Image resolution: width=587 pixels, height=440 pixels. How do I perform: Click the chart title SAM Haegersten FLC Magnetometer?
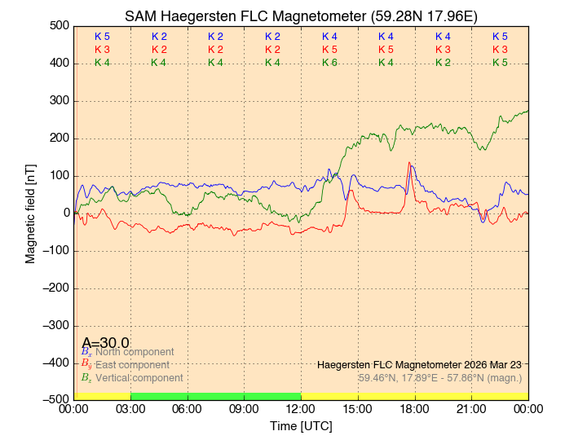coord(301,16)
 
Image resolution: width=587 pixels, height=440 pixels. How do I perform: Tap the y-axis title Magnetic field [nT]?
coord(31,212)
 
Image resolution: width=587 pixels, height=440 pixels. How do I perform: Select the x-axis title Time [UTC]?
coord(301,426)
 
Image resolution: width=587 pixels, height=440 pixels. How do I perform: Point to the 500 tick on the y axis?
coord(58,25)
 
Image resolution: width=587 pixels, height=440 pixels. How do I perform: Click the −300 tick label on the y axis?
coord(54,325)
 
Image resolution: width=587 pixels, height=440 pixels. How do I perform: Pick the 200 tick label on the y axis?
coord(58,138)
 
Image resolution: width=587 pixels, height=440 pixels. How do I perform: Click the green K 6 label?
coord(329,63)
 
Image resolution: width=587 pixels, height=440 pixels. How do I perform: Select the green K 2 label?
coord(443,63)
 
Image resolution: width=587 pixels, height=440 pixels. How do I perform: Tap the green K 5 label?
coord(500,63)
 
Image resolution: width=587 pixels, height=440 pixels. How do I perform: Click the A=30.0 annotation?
coord(105,343)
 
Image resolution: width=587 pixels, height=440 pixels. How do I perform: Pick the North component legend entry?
coord(130,352)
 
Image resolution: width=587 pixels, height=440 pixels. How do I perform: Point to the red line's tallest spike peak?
coord(409,162)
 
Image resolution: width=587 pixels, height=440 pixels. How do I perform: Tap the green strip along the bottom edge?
coord(215,396)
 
